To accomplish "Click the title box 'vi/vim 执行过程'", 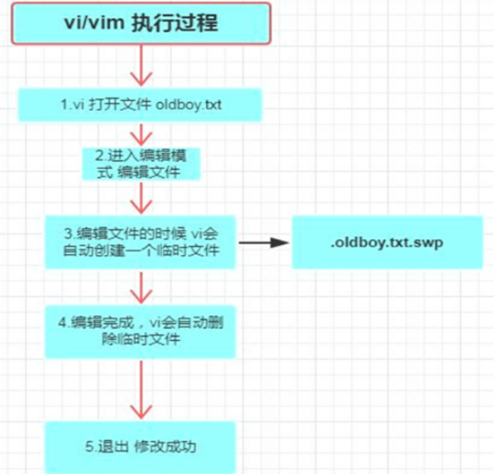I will (x=141, y=22).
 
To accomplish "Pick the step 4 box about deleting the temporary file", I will (x=141, y=330).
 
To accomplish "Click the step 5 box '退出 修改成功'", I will (x=141, y=445).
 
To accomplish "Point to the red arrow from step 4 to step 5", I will (x=141, y=390).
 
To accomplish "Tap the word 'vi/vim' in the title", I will (x=93, y=22).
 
